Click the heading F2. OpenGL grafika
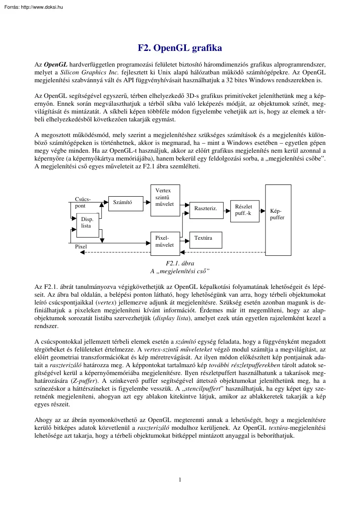180,48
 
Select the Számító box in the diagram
122,202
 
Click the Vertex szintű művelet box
165,198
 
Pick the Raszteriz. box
205,209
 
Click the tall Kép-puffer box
278,220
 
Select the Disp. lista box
87,225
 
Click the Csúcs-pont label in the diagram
83,202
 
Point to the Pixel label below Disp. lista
81,247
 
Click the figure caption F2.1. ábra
180,264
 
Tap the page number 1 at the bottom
180,480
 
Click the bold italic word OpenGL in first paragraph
54,65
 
